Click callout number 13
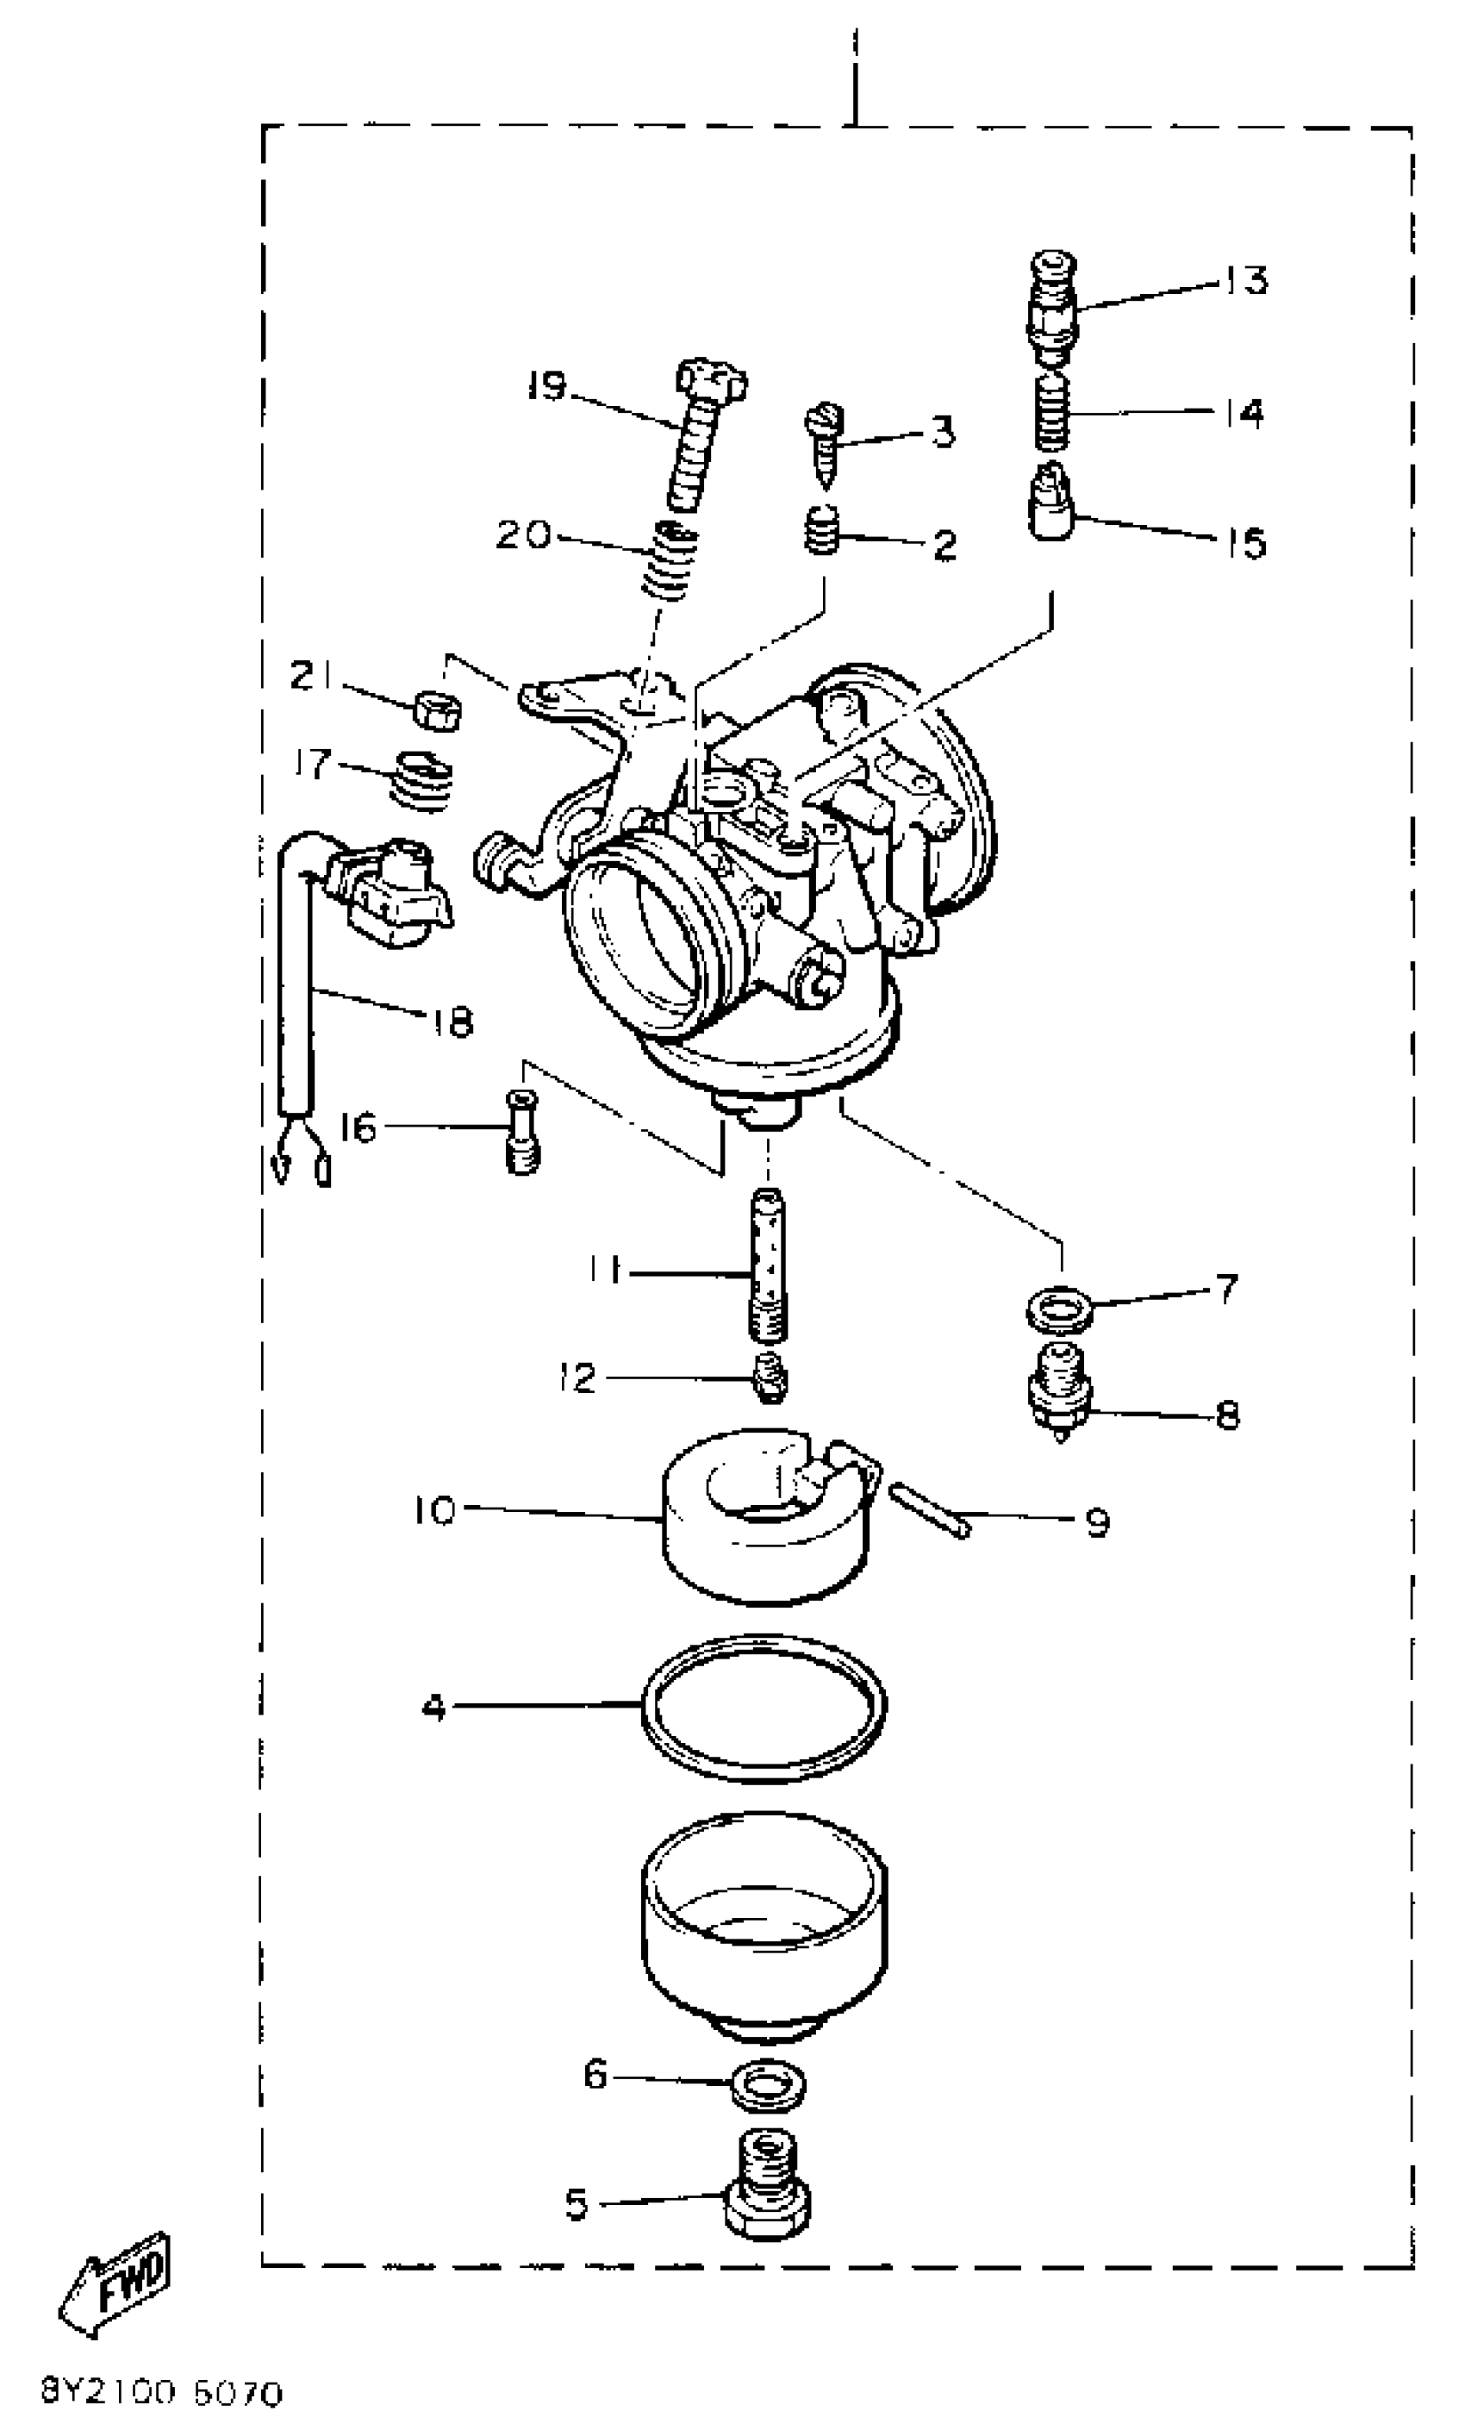click(1246, 279)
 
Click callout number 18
click(453, 1021)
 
